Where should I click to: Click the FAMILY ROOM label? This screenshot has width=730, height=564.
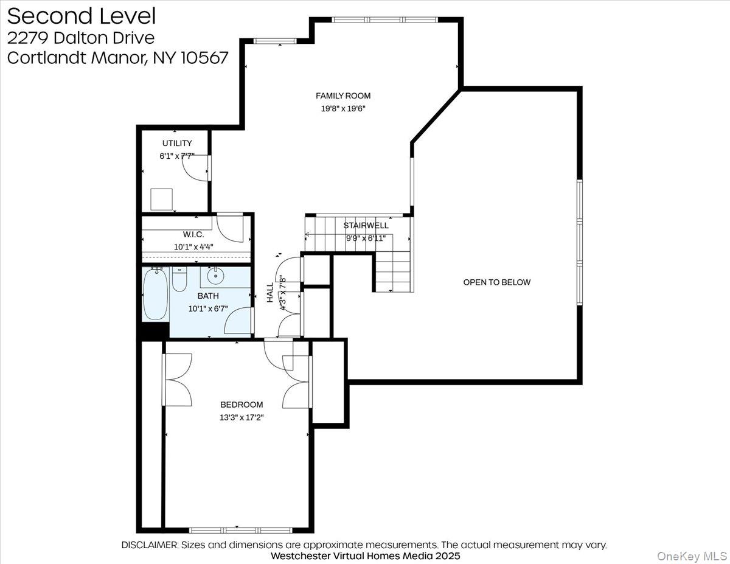point(342,96)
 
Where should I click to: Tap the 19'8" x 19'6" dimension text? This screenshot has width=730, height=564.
point(342,109)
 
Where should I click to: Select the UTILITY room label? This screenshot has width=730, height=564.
point(177,143)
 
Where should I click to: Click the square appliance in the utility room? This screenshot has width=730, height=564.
point(161,199)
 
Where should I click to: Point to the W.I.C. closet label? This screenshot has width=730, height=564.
point(193,234)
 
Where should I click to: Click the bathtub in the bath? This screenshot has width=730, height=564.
point(155,294)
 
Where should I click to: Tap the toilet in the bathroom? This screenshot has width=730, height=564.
point(179,280)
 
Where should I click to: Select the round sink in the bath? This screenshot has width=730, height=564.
point(215,276)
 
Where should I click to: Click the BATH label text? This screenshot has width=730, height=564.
point(207,296)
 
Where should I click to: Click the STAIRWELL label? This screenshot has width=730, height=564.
point(365,225)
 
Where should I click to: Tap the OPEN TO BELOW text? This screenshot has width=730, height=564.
point(496,282)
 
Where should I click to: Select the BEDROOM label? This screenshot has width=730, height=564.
point(242,405)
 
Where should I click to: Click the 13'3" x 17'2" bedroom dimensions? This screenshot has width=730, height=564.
point(242,417)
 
